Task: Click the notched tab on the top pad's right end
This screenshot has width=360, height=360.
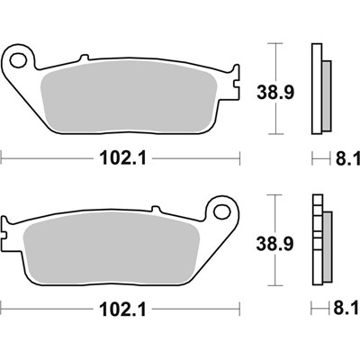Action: coord(237,90)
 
